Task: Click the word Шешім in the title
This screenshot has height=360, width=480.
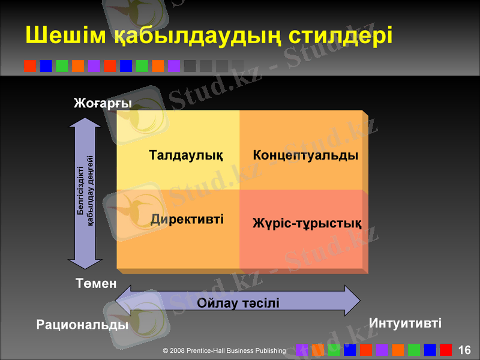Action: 65,35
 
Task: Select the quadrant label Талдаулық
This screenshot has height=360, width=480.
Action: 186,156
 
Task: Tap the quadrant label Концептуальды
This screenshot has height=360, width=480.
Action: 305,156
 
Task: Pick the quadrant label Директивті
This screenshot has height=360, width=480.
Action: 187,219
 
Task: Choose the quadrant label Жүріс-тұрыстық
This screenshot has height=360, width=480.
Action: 307,224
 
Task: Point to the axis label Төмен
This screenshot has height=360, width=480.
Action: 96,283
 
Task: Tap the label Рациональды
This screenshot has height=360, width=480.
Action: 83,325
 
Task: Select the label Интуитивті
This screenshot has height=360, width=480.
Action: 406,323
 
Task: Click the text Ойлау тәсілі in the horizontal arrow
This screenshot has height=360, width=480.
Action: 238,302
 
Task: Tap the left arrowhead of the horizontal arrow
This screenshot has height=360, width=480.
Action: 122,300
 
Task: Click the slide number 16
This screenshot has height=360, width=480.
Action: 464,350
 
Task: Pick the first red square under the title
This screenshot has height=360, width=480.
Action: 30,66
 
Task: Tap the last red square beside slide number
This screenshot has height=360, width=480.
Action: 446,350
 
